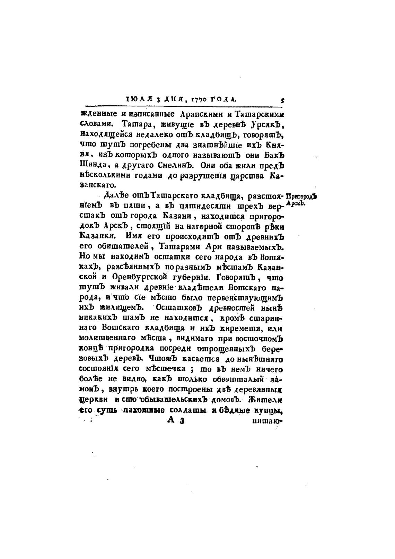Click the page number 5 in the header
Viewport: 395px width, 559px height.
click(x=282, y=101)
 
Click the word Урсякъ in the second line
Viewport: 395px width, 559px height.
click(x=265, y=124)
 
